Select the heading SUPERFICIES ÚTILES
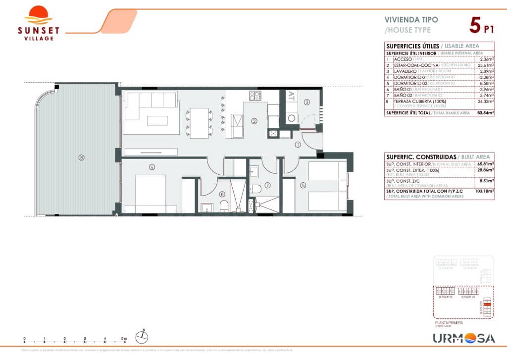point(406,46)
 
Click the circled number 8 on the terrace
point(82,158)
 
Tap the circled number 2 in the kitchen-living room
point(253,120)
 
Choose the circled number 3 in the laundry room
point(307,103)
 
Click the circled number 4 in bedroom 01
point(152,167)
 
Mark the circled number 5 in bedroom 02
point(303,186)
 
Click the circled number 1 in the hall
point(298,145)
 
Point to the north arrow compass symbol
point(143,336)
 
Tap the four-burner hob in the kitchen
point(254,95)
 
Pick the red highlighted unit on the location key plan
point(487,306)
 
